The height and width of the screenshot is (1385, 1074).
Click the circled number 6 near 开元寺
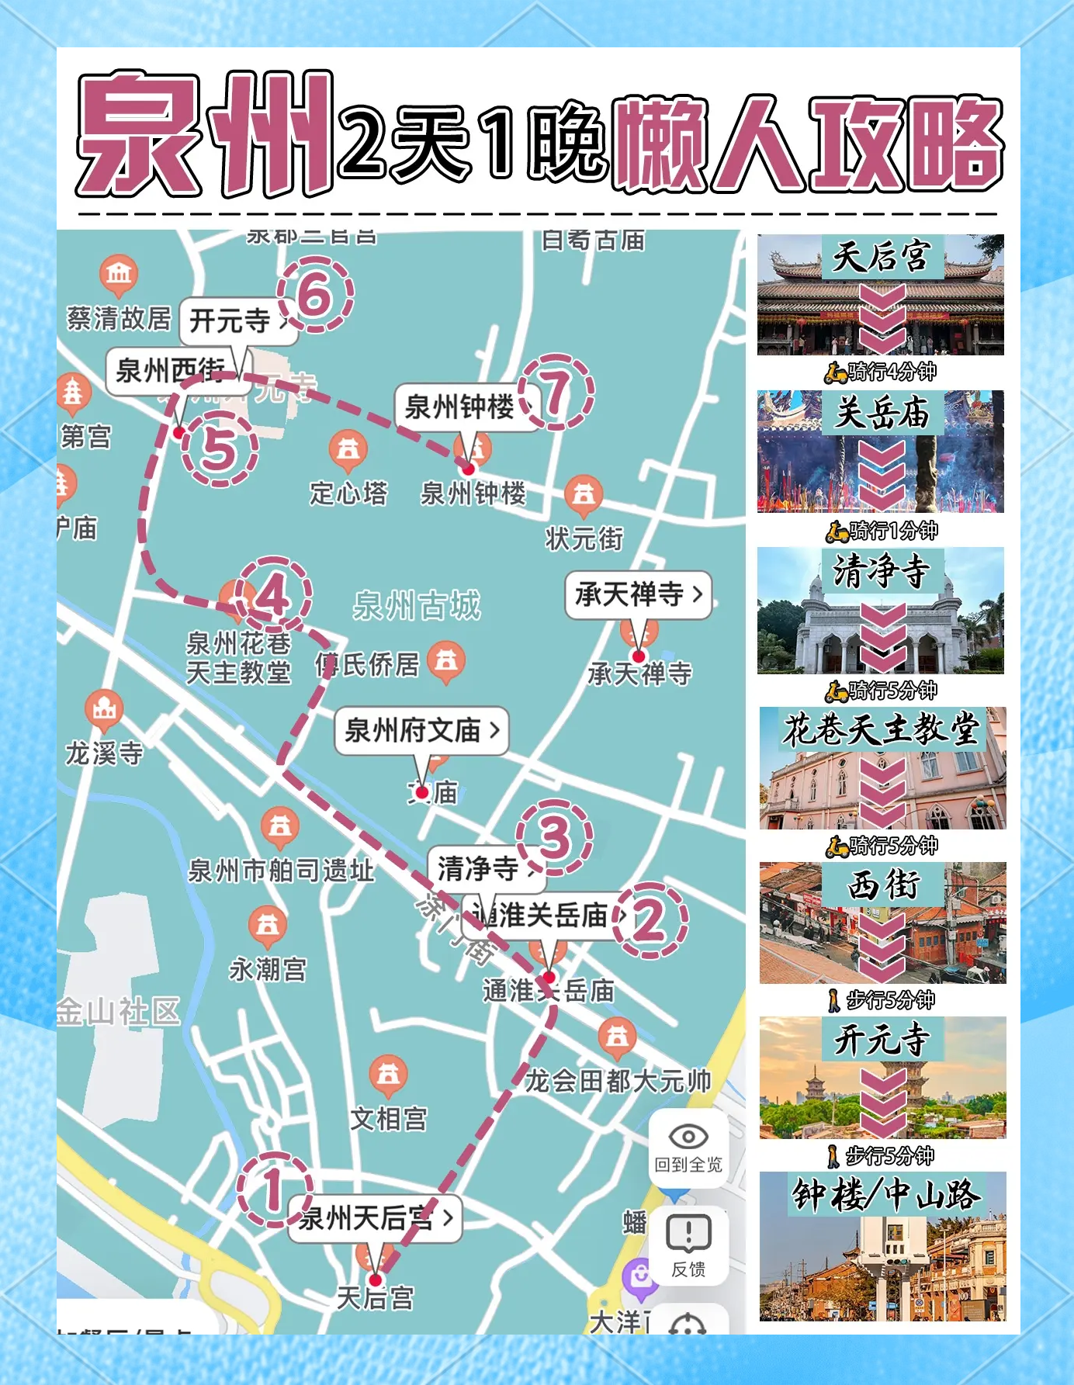(x=315, y=295)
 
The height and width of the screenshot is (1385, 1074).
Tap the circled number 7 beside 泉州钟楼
(x=556, y=392)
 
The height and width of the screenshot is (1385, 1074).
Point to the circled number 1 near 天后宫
(x=274, y=1189)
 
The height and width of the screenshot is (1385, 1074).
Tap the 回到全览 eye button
(x=688, y=1148)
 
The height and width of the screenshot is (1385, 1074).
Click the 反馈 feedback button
(x=688, y=1243)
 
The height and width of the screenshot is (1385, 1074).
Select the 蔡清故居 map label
(x=119, y=318)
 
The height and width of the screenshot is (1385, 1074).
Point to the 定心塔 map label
(x=348, y=493)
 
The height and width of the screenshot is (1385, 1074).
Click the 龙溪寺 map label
(x=104, y=753)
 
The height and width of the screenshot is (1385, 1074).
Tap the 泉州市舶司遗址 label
(x=281, y=871)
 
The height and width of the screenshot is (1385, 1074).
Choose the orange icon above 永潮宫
(x=268, y=925)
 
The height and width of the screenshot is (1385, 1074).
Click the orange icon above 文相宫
(x=388, y=1075)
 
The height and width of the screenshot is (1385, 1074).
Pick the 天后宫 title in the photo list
(x=882, y=257)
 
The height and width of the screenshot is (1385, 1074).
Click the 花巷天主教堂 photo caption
(x=882, y=729)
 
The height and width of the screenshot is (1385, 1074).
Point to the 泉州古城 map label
(x=417, y=605)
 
